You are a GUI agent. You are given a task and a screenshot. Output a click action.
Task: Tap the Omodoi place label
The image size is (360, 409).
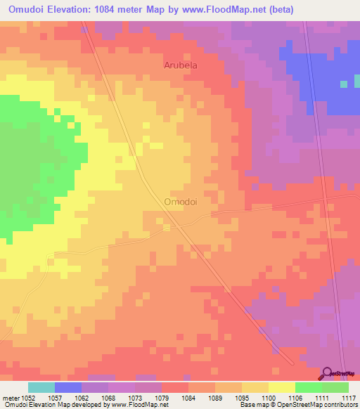pyautogui.click(x=180, y=201)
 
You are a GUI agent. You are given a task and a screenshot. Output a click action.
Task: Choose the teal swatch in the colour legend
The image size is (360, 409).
pyautogui.click(x=41, y=387)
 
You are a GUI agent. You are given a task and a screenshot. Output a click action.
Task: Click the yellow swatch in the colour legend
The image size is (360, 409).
pyautogui.click(x=282, y=387)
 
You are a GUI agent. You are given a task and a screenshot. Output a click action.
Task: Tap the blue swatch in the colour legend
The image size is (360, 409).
pyautogui.click(x=68, y=387)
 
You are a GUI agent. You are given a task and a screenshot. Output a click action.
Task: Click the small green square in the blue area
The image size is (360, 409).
pyautogui.click(x=344, y=84)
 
